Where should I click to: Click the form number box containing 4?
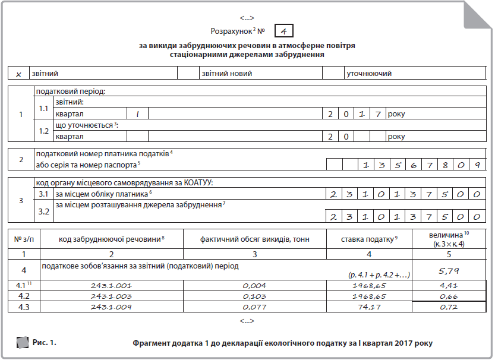283,30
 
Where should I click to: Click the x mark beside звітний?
19,74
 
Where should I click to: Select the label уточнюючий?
369,74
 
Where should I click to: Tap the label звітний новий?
227,74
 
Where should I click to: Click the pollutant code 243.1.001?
112,286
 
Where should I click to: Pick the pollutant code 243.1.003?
112,296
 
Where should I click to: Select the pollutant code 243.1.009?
112,307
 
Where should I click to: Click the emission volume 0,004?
254,286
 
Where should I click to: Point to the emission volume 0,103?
254,296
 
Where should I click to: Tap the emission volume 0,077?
254,307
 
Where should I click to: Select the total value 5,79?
449,271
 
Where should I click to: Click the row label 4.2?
24,296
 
